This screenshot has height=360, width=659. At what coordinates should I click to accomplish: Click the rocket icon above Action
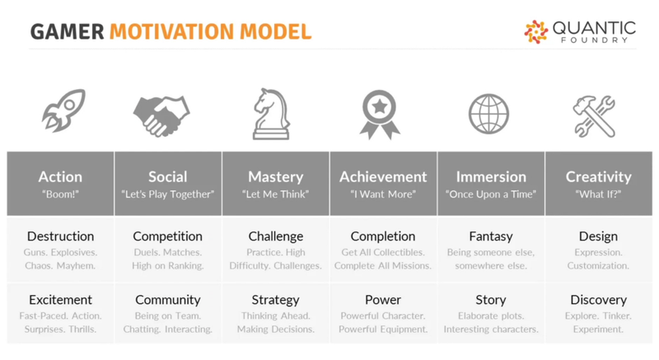tap(63, 110)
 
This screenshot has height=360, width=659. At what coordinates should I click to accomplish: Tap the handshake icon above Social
tap(161, 116)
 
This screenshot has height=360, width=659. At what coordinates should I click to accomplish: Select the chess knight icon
tap(271, 114)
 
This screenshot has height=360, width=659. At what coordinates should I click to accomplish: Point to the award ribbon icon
tap(380, 115)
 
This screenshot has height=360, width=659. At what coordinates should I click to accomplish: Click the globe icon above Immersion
tap(488, 114)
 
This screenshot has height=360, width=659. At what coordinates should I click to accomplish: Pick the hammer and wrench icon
tap(594, 116)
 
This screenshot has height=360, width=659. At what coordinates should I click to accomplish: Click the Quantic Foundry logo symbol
tap(536, 32)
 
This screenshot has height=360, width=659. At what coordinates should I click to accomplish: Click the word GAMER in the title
tap(68, 32)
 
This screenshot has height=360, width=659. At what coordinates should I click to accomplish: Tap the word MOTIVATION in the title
tap(171, 32)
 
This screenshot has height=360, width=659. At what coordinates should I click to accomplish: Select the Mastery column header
tap(276, 177)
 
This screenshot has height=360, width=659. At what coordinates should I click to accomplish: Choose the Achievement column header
tap(383, 177)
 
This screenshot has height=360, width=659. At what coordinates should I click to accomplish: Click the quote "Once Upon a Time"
tap(491, 194)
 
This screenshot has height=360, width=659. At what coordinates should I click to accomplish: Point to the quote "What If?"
tap(598, 194)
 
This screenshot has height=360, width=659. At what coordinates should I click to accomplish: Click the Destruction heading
tap(60, 236)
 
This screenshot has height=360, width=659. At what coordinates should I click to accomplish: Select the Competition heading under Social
tap(168, 236)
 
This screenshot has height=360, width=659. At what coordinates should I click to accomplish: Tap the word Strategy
tap(276, 300)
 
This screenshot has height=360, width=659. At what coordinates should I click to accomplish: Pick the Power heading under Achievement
tap(383, 300)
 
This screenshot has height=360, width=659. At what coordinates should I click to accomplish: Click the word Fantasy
tap(491, 236)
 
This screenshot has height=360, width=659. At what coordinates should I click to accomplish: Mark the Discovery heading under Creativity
tap(599, 300)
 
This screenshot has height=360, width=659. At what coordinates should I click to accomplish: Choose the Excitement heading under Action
tap(60, 300)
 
